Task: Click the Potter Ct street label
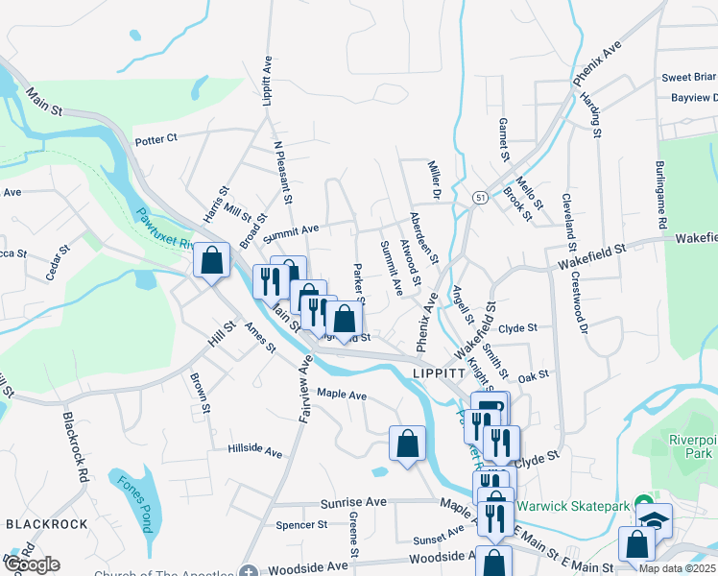pyautogui.click(x=156, y=139)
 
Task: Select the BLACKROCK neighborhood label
pyautogui.click(x=46, y=524)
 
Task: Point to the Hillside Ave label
pyautogui.click(x=255, y=450)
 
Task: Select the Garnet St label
pyautogui.click(x=502, y=139)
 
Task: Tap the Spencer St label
pyautogui.click(x=301, y=525)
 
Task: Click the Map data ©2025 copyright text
pyautogui.click(x=678, y=568)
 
